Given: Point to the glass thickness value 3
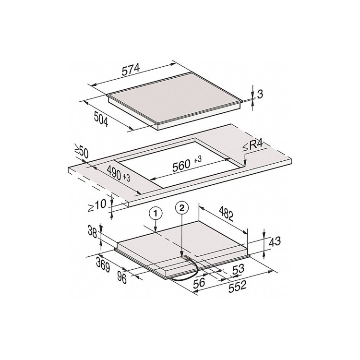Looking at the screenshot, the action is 260,94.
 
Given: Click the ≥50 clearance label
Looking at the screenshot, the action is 81,151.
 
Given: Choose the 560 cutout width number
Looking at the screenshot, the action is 181,166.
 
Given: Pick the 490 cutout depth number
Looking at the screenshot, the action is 114,173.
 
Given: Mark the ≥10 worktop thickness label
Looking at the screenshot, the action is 97,205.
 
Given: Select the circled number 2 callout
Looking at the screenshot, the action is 182,208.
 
